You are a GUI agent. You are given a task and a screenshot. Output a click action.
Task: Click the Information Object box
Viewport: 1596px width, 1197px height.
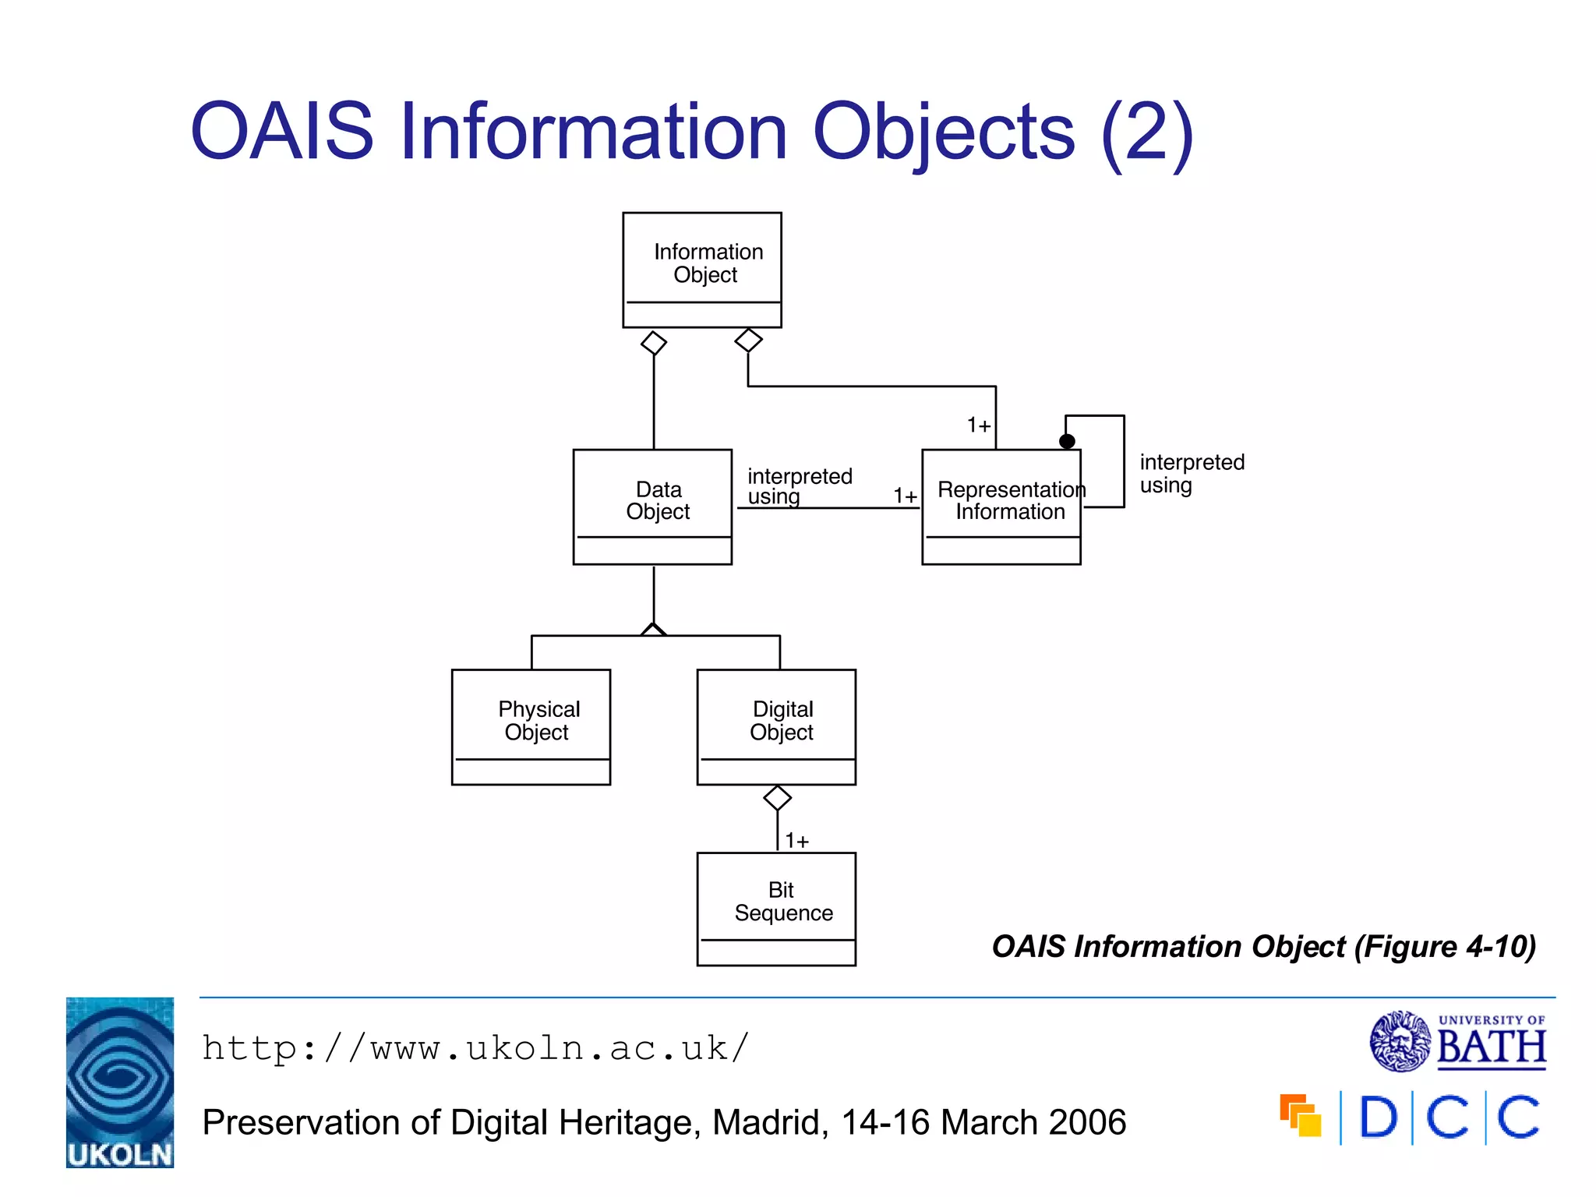pyautogui.click(x=701, y=270)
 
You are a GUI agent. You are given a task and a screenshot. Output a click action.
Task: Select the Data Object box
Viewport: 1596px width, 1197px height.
pyautogui.click(x=652, y=507)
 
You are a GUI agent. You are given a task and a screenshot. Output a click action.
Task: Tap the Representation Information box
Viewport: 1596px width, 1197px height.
pyautogui.click(x=1001, y=507)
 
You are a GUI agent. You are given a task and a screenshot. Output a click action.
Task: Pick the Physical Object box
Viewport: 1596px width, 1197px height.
pyautogui.click(x=531, y=726)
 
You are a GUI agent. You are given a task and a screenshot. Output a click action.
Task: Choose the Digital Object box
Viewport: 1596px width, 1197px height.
pyautogui.click(x=776, y=726)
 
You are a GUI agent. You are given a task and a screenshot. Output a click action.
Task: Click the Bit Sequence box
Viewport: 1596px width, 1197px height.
pyautogui.click(x=776, y=909)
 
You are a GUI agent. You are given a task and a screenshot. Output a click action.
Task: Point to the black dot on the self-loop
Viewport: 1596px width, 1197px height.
pyautogui.click(x=1067, y=441)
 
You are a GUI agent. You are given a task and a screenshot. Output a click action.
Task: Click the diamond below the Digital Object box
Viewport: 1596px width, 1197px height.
pyautogui.click(x=777, y=797)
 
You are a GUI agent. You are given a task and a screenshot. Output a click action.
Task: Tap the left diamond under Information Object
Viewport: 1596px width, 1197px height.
pyautogui.click(x=653, y=343)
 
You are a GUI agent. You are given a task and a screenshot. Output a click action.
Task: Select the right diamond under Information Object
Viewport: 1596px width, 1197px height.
pyautogui.click(x=748, y=340)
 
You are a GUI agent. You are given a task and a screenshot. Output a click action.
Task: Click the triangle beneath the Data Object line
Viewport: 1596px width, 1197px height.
pyautogui.click(x=653, y=630)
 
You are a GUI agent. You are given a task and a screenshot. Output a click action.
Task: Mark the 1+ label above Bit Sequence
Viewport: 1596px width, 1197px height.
pyautogui.click(x=796, y=841)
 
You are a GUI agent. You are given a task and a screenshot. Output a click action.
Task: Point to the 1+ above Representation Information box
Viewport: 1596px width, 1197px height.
pyautogui.click(x=978, y=425)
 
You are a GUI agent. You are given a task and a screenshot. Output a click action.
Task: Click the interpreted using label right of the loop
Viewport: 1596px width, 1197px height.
pyautogui.click(x=1191, y=474)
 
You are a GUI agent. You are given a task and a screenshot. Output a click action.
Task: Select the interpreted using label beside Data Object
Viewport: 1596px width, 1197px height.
pyautogui.click(x=799, y=486)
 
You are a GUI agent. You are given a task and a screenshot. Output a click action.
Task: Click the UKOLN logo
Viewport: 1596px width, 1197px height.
pyautogui.click(x=120, y=1082)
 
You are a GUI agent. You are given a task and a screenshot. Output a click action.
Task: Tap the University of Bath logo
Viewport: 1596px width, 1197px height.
pyautogui.click(x=1457, y=1041)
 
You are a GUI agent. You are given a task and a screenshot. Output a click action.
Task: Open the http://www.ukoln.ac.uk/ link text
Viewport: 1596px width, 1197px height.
pyautogui.click(x=475, y=1048)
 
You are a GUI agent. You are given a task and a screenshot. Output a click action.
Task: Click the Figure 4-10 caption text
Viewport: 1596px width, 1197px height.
pyautogui.click(x=1263, y=947)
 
